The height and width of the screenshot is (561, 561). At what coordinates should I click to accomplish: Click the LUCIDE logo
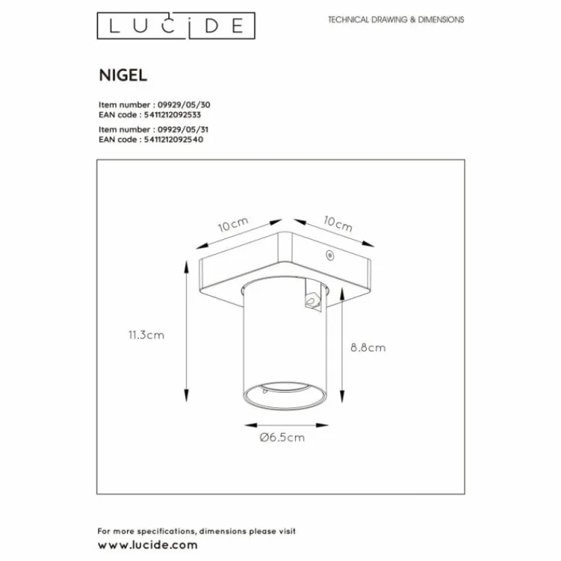(175, 26)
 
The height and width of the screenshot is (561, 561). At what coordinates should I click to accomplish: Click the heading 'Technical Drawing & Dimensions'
(396, 20)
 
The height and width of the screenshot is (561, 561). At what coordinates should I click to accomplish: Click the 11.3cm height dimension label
(147, 335)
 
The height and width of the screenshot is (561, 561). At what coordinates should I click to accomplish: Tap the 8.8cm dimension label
(367, 347)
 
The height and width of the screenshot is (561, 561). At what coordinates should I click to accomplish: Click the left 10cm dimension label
(233, 224)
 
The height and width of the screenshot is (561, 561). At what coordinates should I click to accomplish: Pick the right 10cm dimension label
(338, 224)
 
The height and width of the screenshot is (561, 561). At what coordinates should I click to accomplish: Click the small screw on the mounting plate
(327, 257)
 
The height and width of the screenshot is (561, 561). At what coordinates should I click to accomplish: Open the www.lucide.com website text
(147, 545)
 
